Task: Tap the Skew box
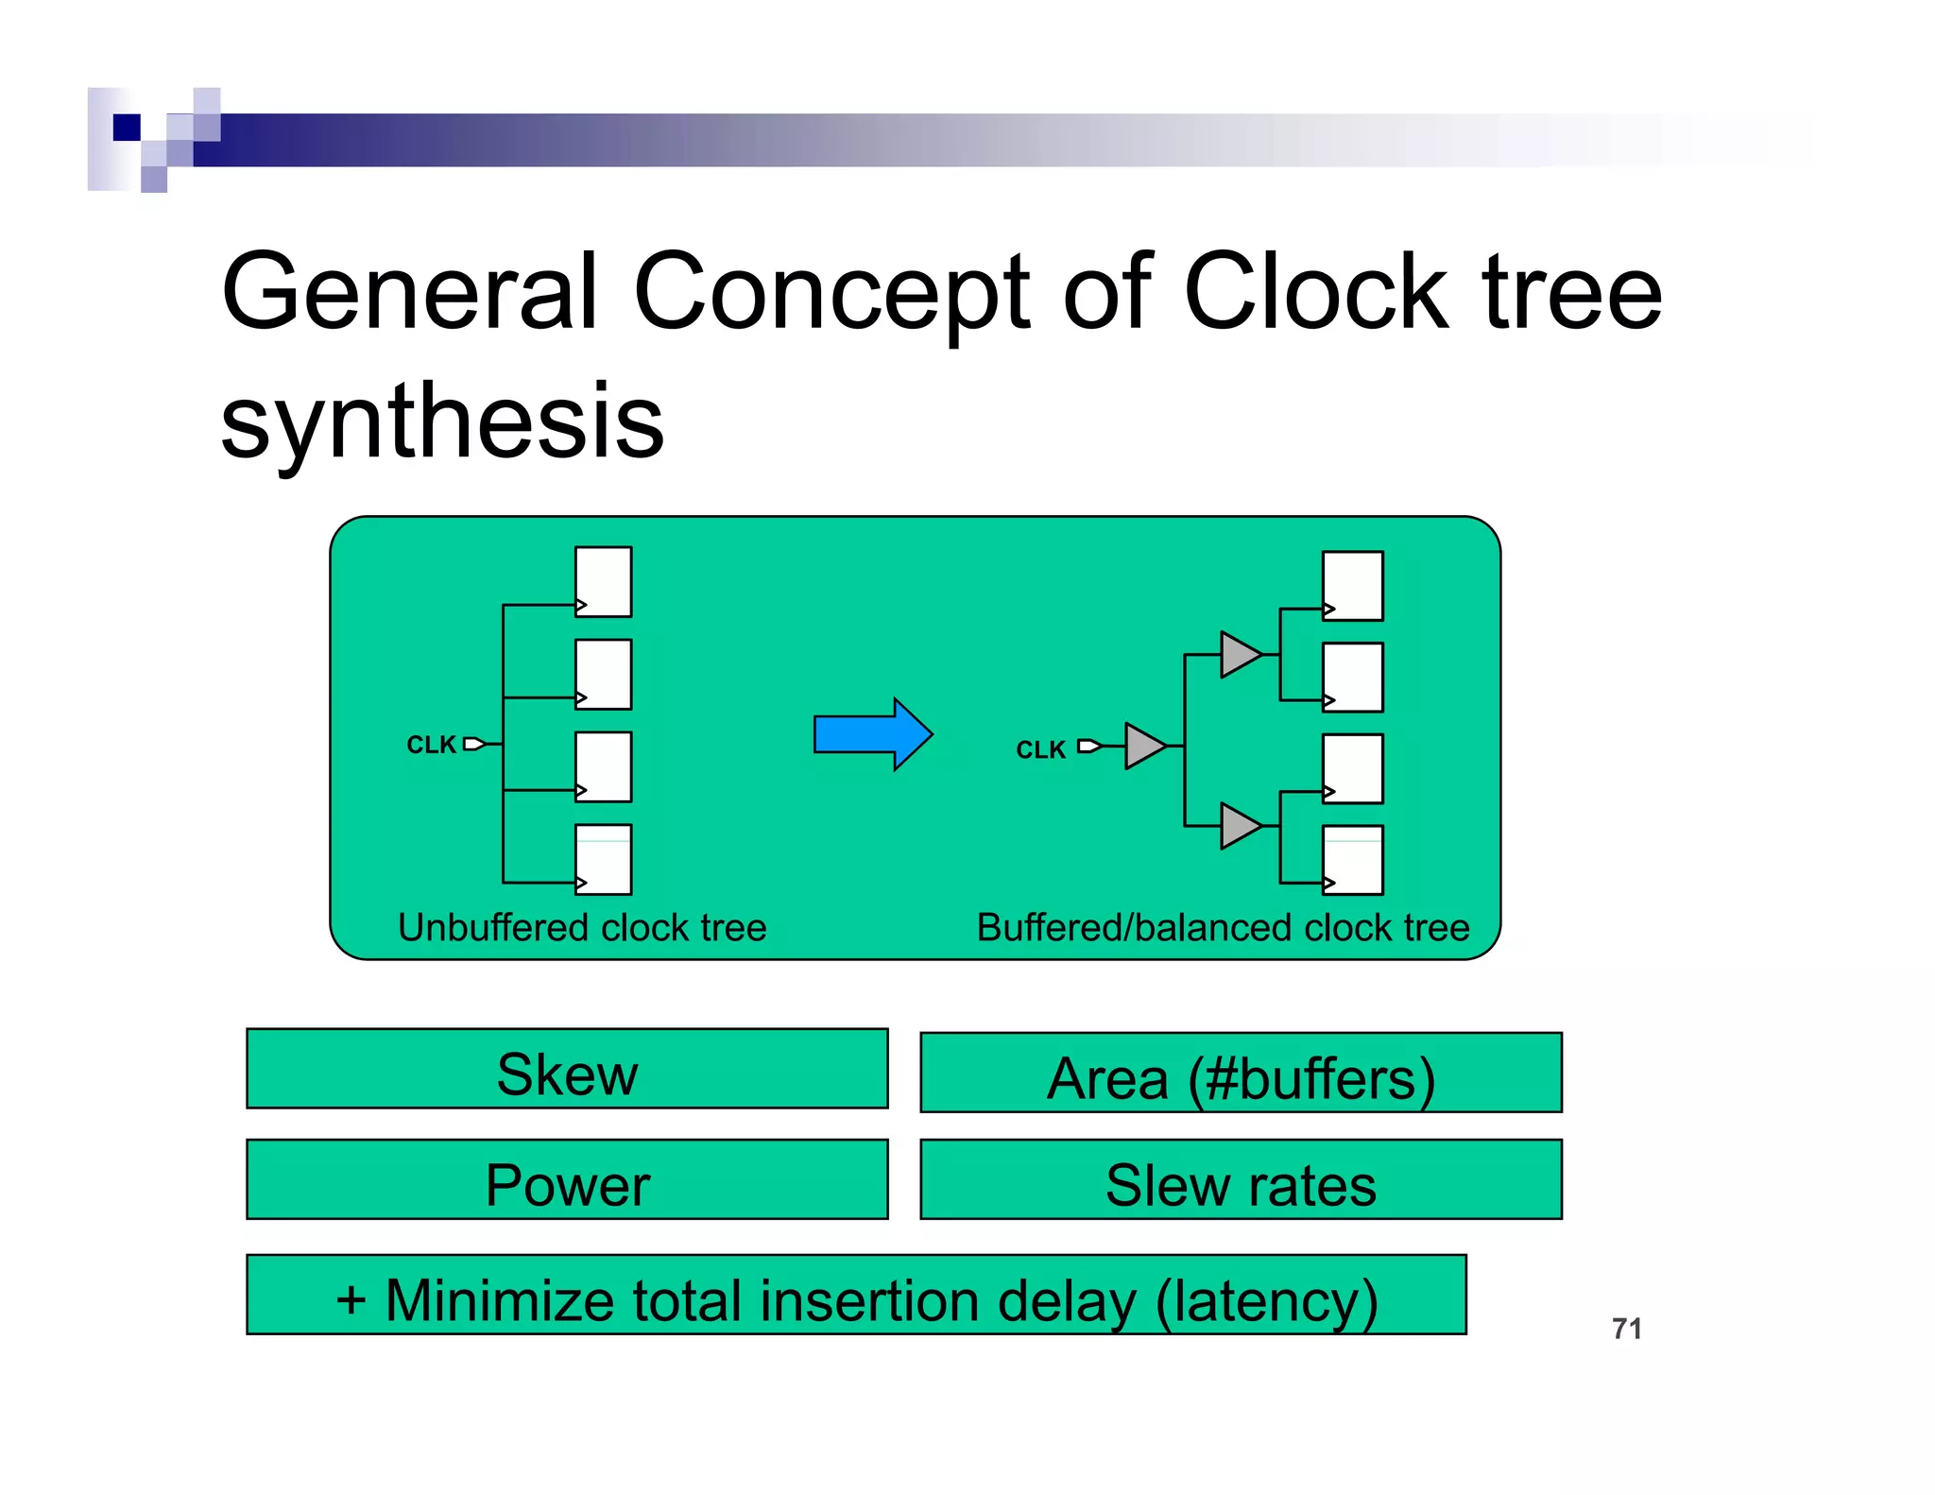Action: [567, 1069]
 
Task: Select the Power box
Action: [567, 1179]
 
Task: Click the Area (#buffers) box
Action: [1241, 1074]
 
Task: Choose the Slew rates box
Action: [1241, 1180]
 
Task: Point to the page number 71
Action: [1626, 1329]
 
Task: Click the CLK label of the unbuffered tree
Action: [431, 745]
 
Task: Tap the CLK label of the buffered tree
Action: [1040, 749]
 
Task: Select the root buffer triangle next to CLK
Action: [1143, 746]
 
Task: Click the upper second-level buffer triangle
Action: [1239, 654]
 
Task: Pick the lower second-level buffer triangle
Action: [1239, 826]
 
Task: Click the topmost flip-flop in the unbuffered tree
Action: [604, 580]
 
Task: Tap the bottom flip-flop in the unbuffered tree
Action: [604, 859]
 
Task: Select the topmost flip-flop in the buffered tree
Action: [1352, 585]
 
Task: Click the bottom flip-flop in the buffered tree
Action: [1352, 859]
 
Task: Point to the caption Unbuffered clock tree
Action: [582, 928]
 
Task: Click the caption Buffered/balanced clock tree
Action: [1223, 928]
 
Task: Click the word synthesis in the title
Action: [442, 422]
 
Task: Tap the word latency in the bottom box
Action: [1267, 1300]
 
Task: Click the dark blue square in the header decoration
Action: [127, 127]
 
